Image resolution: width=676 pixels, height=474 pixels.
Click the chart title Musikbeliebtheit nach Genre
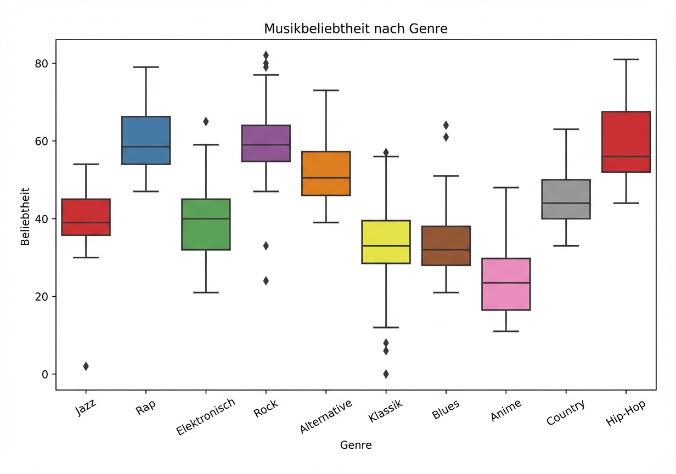(x=356, y=29)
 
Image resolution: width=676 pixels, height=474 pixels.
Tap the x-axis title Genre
(x=356, y=445)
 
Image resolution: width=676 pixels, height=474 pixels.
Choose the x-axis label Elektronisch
(x=206, y=417)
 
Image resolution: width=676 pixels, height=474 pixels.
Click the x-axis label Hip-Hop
(x=626, y=413)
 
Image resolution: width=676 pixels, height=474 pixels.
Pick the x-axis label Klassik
(x=386, y=411)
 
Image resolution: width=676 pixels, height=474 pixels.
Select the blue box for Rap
(x=146, y=140)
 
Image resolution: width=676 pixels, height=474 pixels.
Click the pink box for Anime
(x=506, y=284)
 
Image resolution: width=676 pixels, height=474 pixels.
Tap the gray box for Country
(x=566, y=199)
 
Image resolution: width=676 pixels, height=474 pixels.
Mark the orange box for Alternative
(x=326, y=173)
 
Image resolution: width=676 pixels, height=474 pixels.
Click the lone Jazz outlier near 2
(x=86, y=366)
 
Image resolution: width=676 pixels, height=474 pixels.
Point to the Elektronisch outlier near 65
(x=206, y=122)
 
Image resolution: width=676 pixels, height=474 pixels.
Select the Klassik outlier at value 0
(x=386, y=374)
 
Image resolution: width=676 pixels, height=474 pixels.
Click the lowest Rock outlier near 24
(x=266, y=281)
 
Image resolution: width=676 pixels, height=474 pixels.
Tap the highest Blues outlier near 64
(x=446, y=125)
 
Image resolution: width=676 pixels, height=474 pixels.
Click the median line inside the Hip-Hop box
(x=626, y=156)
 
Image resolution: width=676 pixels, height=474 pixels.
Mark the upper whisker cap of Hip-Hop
(x=626, y=59)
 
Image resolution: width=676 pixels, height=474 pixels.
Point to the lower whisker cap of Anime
(x=506, y=331)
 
